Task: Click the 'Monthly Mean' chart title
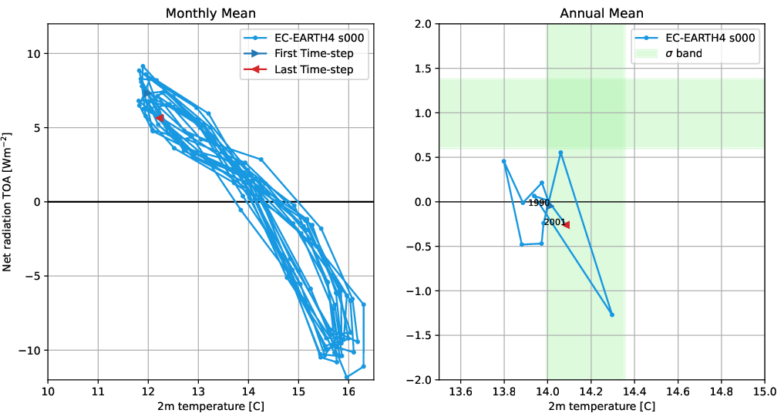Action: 210,13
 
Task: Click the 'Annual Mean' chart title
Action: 601,13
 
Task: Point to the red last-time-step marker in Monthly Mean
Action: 160,118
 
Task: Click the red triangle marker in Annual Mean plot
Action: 566,225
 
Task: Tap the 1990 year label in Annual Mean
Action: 538,203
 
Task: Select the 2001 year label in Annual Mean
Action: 554,222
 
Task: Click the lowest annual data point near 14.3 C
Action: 611,314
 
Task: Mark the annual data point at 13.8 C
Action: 504,161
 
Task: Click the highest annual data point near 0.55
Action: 560,153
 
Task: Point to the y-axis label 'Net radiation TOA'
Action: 9,201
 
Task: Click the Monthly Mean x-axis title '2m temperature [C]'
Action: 210,407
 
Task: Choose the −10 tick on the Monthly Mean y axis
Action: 31,350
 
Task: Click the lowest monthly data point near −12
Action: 347,377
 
